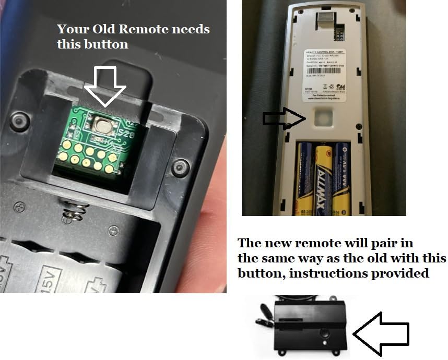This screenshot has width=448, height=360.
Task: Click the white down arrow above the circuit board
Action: (105, 86)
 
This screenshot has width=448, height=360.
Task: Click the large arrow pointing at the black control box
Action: (381, 333)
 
